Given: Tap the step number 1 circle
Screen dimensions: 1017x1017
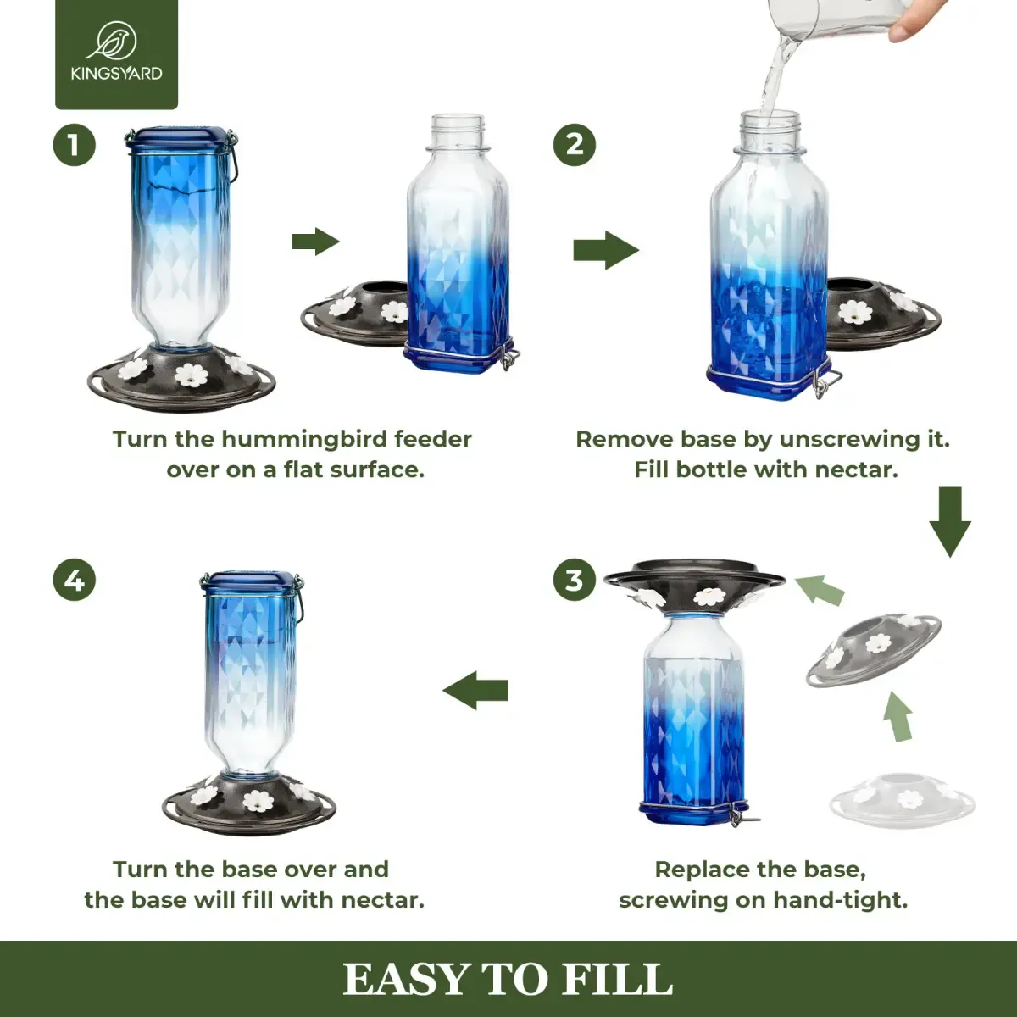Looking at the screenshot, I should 75,145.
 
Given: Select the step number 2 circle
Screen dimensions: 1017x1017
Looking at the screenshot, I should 575,145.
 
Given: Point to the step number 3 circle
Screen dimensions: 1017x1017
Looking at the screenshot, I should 575,581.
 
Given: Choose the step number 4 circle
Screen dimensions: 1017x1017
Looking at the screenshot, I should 75,581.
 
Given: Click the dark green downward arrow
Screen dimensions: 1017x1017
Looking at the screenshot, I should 950,521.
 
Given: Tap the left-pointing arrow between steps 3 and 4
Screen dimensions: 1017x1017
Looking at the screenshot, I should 476,690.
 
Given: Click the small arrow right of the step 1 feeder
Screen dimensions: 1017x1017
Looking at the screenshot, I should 315,242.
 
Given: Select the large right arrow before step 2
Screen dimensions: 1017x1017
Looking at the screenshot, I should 605,250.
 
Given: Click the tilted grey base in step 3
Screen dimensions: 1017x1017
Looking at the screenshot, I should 873,649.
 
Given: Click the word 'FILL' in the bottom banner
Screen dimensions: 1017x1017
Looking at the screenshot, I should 617,980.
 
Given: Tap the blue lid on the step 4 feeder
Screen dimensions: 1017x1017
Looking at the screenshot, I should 251,581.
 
